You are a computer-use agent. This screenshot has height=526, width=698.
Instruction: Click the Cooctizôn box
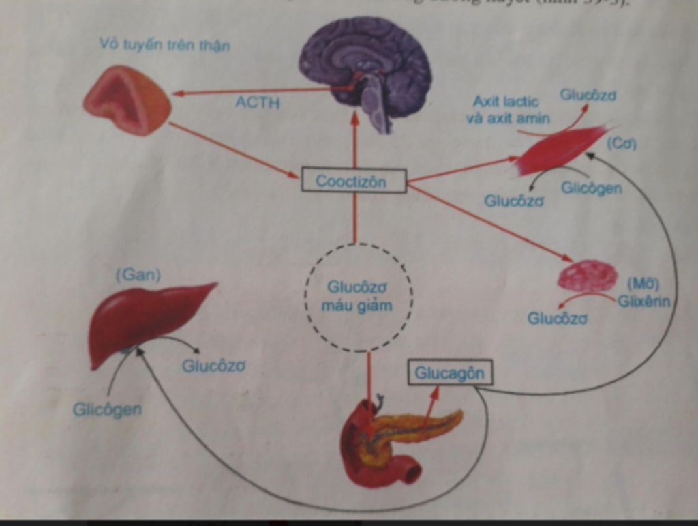[354, 181]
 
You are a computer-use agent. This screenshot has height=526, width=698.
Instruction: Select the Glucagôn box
[449, 373]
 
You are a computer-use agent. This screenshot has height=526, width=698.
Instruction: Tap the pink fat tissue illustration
[587, 276]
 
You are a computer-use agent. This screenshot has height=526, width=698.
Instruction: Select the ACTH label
[257, 104]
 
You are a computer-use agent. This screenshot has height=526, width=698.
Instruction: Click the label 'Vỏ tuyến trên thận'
[164, 46]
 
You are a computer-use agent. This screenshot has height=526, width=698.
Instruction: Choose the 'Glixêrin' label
[643, 302]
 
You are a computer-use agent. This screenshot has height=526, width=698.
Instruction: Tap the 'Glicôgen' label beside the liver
[107, 409]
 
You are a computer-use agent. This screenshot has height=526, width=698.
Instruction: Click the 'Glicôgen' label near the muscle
[591, 188]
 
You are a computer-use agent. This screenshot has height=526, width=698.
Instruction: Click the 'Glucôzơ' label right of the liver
[213, 366]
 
